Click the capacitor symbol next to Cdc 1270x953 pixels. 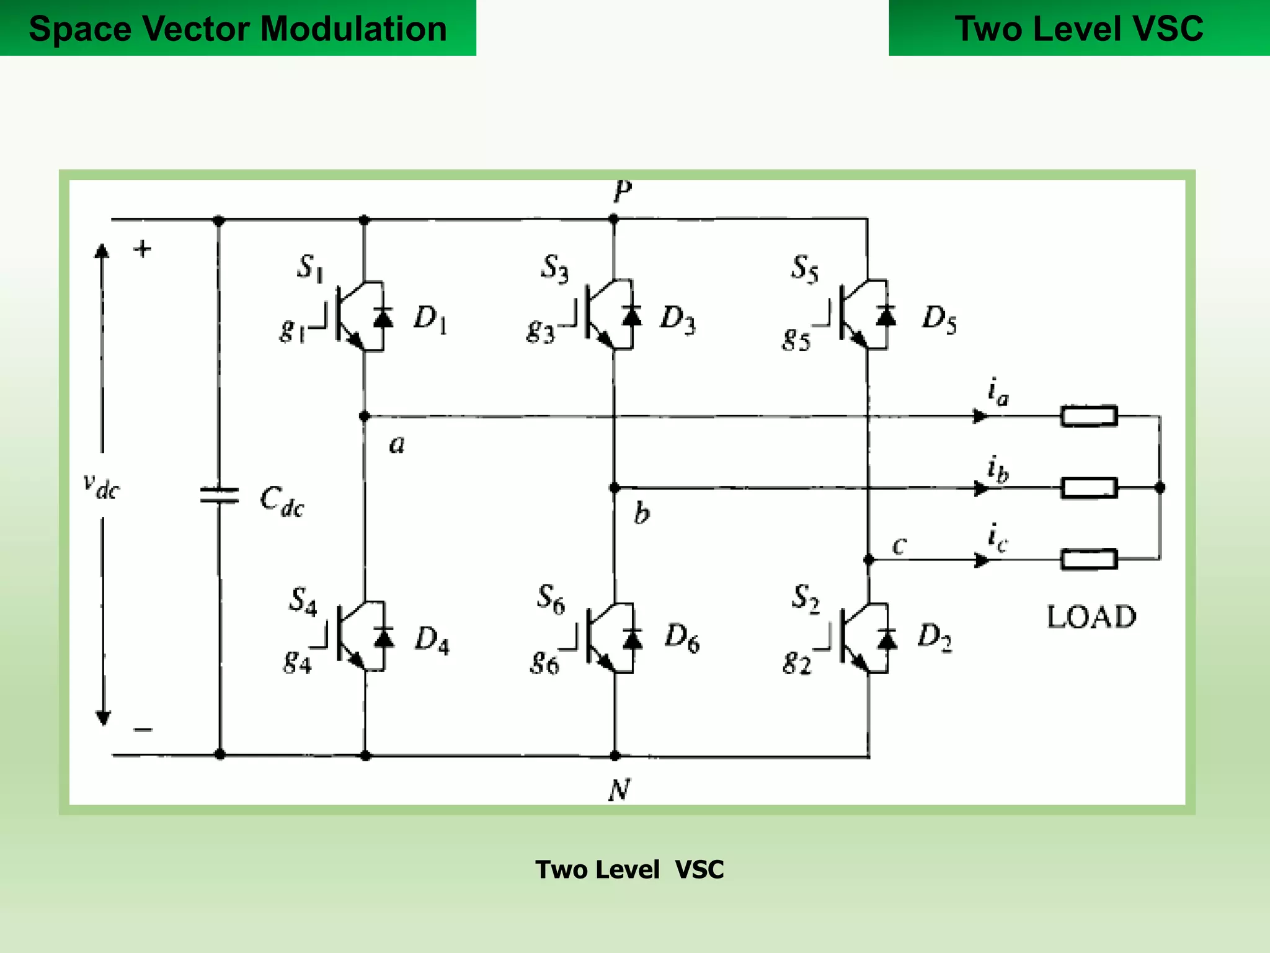[x=219, y=495]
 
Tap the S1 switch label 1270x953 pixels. [x=310, y=268]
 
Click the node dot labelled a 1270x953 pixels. [x=365, y=416]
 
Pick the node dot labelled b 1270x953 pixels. [x=615, y=488]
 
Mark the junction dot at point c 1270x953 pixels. [x=869, y=560]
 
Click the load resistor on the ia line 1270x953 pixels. [x=1089, y=416]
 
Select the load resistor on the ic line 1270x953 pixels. [x=1089, y=559]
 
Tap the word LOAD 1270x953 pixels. [x=1091, y=617]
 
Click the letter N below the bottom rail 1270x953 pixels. [x=619, y=790]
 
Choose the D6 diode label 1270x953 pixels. [x=682, y=638]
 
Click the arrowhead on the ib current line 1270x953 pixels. [x=980, y=488]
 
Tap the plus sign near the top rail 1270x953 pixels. [x=143, y=249]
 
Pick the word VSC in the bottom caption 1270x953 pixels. [x=699, y=870]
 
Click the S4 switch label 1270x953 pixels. [x=303, y=601]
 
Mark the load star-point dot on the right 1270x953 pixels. [x=1160, y=488]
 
